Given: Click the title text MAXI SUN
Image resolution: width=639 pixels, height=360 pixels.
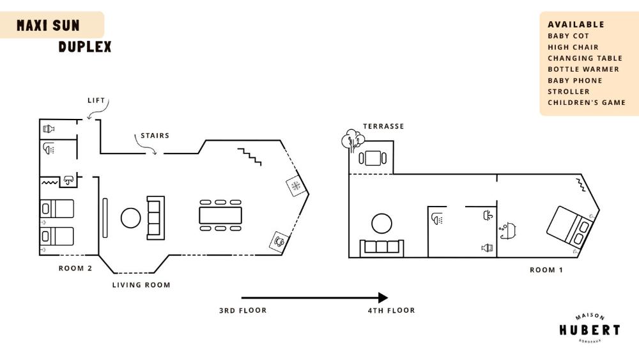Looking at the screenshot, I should [x=49, y=26].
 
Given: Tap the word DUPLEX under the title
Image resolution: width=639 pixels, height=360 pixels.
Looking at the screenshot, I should [x=85, y=47].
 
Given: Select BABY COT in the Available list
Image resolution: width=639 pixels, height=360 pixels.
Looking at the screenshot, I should [x=568, y=36].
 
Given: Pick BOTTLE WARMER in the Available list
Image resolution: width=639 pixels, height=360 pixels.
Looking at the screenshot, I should [x=583, y=69].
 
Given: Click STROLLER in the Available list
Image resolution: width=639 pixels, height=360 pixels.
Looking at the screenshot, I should [x=568, y=91].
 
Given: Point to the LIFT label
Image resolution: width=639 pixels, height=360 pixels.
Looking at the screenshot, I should [x=96, y=100].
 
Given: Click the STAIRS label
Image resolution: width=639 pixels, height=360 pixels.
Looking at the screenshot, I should [x=155, y=136].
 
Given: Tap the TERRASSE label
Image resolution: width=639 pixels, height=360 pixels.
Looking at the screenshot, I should [x=383, y=126].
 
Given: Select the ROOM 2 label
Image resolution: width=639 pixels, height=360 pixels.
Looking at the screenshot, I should [x=75, y=269].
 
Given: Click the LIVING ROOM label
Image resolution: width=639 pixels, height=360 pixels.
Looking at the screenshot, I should [x=141, y=285].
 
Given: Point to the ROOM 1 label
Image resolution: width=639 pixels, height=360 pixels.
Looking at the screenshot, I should [x=546, y=270].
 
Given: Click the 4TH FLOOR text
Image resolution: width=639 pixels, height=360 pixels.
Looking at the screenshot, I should [x=391, y=310].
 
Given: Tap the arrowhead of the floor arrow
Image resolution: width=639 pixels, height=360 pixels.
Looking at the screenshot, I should [x=383, y=297].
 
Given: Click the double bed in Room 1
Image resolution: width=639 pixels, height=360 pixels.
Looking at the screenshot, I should [x=568, y=227].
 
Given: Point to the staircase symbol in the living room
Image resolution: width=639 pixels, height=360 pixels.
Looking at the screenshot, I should [x=250, y=155].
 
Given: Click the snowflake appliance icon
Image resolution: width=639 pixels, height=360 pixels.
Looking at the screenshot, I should [x=296, y=186].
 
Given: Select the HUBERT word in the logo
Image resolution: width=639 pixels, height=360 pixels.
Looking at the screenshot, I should [x=589, y=330].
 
